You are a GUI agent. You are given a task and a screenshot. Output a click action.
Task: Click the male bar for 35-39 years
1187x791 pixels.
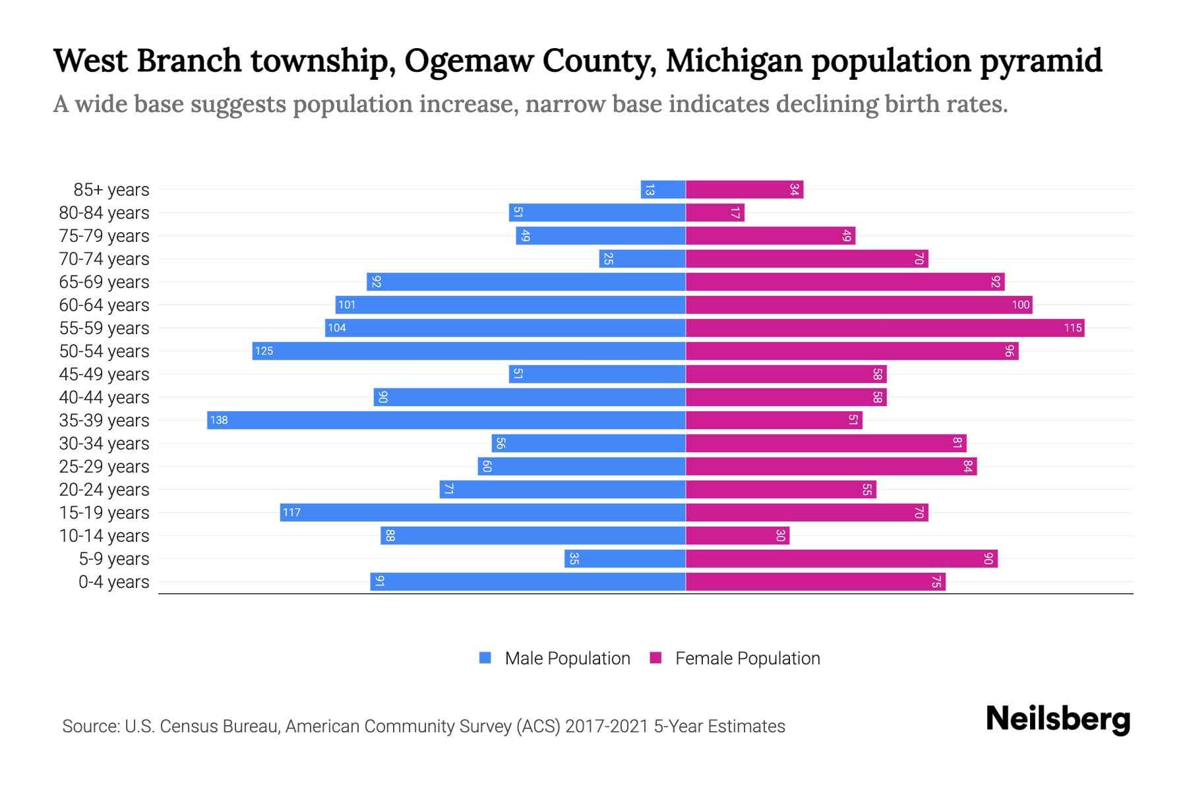[446, 420]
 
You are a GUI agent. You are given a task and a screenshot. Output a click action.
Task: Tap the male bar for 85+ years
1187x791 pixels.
[663, 190]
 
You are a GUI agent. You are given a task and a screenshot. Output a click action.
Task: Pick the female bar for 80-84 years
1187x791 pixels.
[715, 212]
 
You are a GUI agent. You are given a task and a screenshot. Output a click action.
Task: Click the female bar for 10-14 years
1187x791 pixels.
[737, 535]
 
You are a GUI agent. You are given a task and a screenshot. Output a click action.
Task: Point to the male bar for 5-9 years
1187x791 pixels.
[624, 558]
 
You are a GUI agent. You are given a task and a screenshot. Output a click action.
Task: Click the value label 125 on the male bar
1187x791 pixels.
[264, 351]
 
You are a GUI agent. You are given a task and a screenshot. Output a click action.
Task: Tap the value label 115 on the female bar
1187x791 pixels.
[1072, 328]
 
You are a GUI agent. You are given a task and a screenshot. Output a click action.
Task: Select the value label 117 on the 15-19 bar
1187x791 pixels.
[291, 512]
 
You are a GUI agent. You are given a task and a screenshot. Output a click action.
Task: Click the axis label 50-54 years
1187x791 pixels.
[104, 351]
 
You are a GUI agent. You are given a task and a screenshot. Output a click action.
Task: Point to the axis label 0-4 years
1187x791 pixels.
[113, 582]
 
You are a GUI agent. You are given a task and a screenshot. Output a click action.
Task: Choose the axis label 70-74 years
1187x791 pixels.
[104, 259]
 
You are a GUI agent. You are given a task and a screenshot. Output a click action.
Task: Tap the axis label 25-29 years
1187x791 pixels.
[104, 467]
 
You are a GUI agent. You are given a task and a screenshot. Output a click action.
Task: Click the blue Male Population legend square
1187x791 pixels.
[485, 658]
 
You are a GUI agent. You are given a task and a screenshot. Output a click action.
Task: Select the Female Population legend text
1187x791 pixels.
[747, 659]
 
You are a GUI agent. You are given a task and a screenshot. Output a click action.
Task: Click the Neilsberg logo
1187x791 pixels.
[1058, 719]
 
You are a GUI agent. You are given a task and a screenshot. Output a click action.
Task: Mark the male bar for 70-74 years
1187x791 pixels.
[642, 259]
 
